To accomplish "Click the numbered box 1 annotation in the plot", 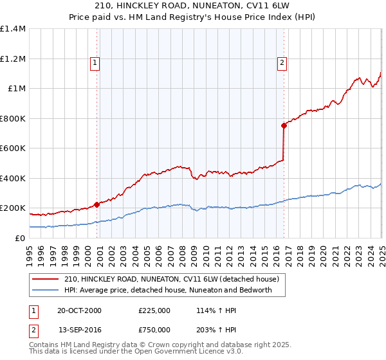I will (95, 63).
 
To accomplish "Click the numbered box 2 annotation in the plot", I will (282, 63).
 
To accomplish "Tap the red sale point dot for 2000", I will (97, 204).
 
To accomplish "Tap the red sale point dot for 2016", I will (284, 126).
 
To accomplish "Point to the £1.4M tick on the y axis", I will (13, 29).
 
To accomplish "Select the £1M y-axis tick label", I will (16, 89).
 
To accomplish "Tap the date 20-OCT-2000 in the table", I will (79, 310).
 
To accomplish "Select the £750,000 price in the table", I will (154, 332).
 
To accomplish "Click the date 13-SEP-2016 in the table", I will (79, 332).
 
